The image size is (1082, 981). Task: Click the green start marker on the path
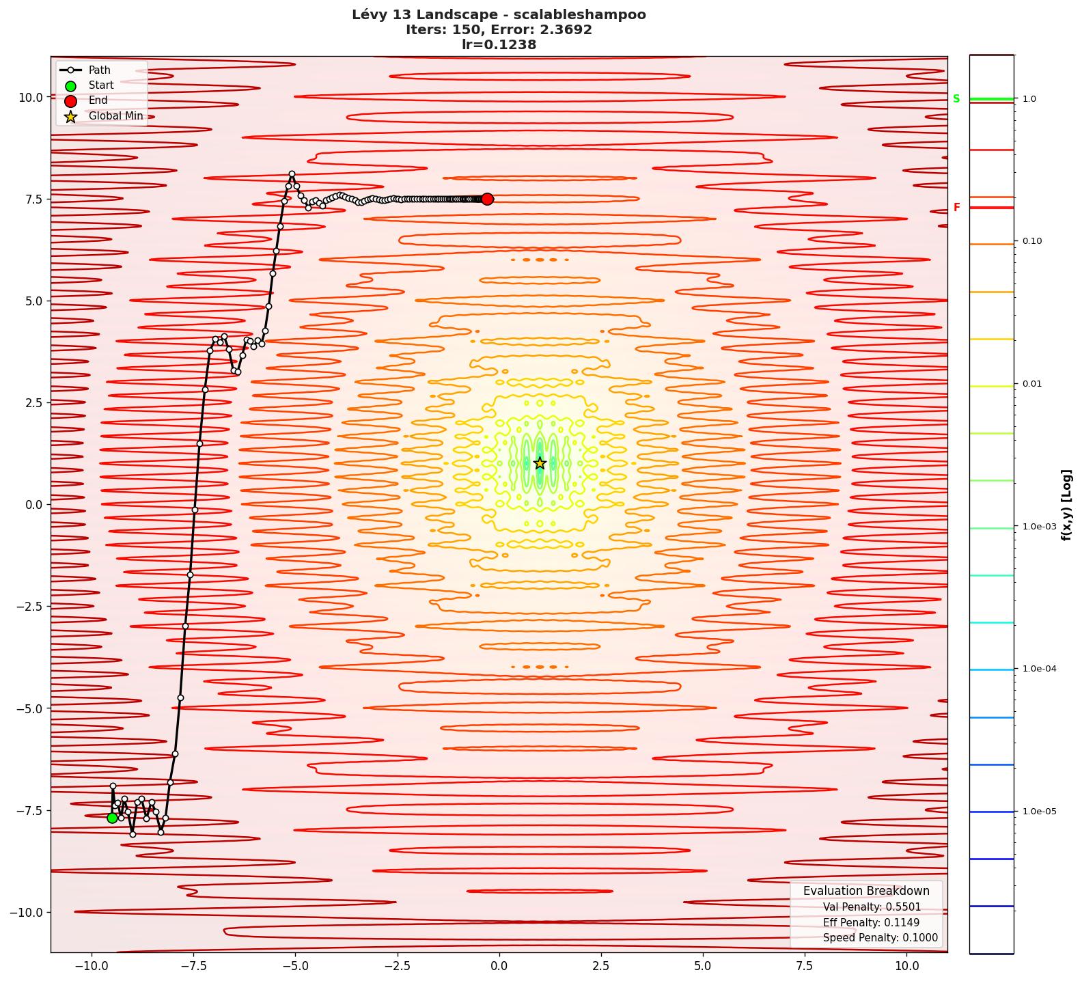click(113, 818)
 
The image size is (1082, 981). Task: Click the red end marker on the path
click(487, 199)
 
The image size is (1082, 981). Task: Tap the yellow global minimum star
click(540, 463)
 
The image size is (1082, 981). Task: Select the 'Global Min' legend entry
click(115, 116)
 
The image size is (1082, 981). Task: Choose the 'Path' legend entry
click(99, 70)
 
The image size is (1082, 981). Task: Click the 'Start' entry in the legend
click(101, 85)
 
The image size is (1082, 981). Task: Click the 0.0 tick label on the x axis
click(499, 966)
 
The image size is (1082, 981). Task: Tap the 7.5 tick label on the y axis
click(31, 199)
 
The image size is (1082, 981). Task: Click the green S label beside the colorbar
click(956, 99)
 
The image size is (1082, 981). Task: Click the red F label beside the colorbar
click(956, 208)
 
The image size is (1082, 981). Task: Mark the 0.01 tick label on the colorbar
click(1032, 384)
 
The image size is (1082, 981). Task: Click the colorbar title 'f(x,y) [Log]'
click(1066, 505)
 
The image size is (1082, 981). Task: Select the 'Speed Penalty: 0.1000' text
click(880, 938)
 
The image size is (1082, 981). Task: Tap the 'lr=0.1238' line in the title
click(499, 45)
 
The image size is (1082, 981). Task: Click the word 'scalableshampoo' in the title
click(579, 15)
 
